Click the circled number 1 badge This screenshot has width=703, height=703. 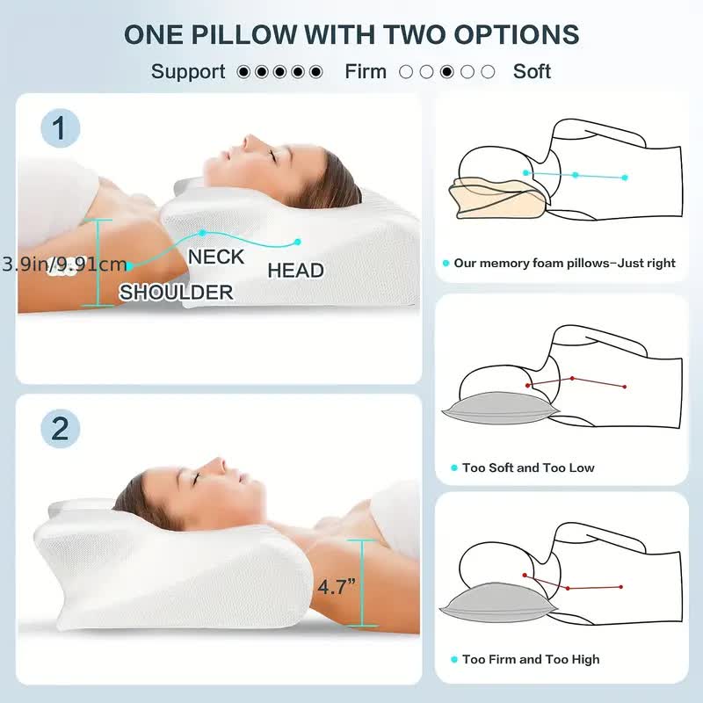(x=60, y=130)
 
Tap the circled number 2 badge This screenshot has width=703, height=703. (x=60, y=429)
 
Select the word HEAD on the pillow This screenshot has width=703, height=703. (x=295, y=271)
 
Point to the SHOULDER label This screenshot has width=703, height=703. (x=176, y=293)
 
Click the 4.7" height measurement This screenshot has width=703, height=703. (x=337, y=587)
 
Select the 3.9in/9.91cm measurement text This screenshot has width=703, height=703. (x=63, y=264)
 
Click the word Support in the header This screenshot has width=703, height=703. (x=188, y=72)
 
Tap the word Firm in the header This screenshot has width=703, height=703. (x=366, y=72)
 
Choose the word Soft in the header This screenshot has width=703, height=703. (x=532, y=72)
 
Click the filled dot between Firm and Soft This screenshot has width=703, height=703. (x=447, y=72)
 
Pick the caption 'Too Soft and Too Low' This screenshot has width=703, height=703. (x=528, y=467)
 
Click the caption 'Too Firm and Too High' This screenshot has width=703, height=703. (x=531, y=659)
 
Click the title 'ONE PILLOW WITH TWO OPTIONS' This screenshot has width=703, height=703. (x=351, y=34)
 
